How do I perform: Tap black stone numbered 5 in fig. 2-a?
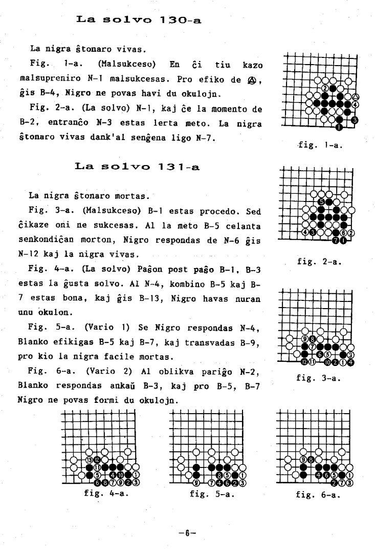click(321, 201)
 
